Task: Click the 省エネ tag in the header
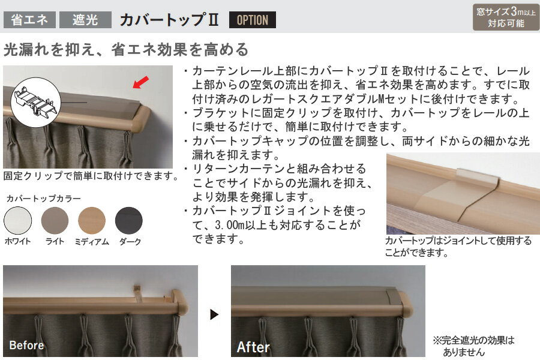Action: (29, 20)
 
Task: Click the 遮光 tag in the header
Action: (85, 20)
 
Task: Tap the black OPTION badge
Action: (253, 20)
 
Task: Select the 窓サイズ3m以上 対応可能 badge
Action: (506, 17)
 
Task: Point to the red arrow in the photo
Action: (141, 82)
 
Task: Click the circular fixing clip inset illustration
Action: (35, 103)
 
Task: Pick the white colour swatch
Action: (17, 220)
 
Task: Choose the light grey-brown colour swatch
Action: (55, 220)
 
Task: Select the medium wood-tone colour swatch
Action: (92, 220)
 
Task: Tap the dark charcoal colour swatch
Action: (129, 220)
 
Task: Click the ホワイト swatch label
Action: (17, 241)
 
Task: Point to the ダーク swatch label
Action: (130, 241)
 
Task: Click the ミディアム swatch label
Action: (92, 241)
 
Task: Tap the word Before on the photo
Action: (26, 345)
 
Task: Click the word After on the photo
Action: (253, 347)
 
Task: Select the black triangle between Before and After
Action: (214, 314)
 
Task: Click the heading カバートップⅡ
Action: (169, 20)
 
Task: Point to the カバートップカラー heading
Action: (43, 199)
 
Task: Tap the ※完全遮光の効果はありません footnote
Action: (474, 346)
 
